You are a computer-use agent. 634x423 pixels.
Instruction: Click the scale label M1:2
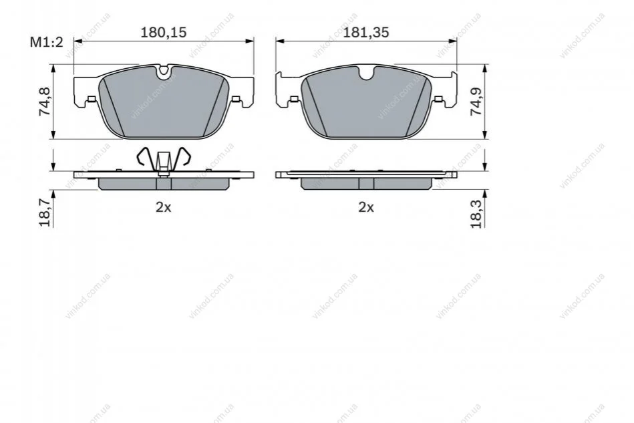(47, 42)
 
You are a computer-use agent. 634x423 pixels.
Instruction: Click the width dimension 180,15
(164, 32)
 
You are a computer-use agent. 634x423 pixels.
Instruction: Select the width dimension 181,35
(366, 32)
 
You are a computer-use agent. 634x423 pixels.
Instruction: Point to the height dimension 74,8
(45, 102)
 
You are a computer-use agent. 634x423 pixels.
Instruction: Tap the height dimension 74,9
(476, 102)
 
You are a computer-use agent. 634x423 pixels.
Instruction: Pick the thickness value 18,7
(45, 213)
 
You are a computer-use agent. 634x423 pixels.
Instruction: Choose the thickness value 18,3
(476, 214)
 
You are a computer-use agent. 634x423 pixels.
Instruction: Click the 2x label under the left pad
(164, 207)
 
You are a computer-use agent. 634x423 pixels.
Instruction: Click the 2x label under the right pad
(366, 207)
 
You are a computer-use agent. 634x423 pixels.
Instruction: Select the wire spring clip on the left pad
(164, 160)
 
